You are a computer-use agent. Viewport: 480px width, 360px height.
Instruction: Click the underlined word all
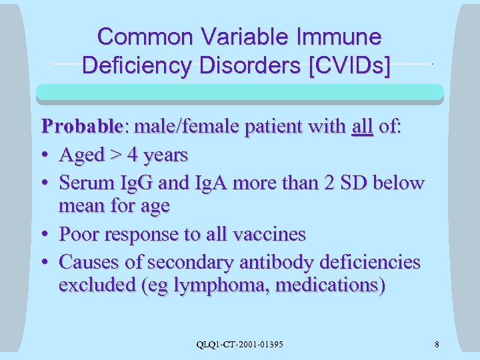[362, 127]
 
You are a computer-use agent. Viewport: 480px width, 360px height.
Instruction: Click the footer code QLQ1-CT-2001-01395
[240, 344]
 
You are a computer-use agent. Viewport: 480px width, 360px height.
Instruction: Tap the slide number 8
[436, 344]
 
